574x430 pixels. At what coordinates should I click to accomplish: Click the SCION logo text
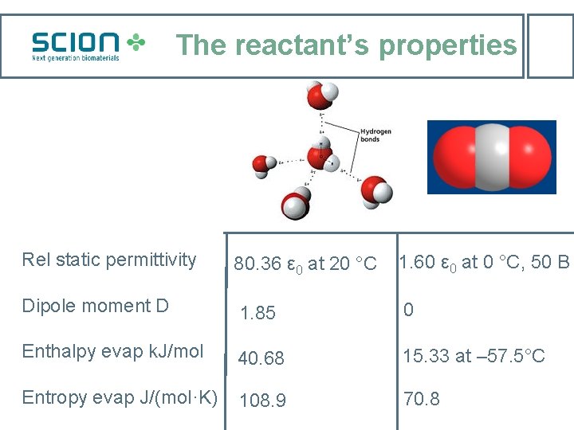pyautogui.click(x=75, y=42)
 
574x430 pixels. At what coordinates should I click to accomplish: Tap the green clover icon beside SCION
pyautogui.click(x=137, y=43)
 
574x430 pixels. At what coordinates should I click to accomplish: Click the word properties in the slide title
pyautogui.click(x=447, y=45)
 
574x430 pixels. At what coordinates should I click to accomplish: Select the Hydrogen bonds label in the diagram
pyautogui.click(x=375, y=135)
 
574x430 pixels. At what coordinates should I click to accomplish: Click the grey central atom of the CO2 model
pyautogui.click(x=491, y=157)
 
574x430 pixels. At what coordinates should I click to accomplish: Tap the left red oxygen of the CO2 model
pyautogui.click(x=452, y=157)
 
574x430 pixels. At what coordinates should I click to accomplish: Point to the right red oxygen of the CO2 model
pyautogui.click(x=530, y=157)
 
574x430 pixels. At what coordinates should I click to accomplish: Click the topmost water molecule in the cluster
pyautogui.click(x=321, y=96)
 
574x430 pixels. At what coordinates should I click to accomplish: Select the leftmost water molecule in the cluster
pyautogui.click(x=264, y=164)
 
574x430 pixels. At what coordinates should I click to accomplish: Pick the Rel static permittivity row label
pyautogui.click(x=109, y=260)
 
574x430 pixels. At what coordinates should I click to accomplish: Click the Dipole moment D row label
pyautogui.click(x=96, y=306)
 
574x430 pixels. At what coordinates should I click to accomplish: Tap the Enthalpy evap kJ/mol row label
pyautogui.click(x=113, y=351)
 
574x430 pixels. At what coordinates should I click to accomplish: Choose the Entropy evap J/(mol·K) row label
pyautogui.click(x=120, y=397)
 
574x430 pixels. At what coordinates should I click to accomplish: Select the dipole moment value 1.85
pyautogui.click(x=258, y=313)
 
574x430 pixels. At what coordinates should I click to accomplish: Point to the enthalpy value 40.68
pyautogui.click(x=261, y=359)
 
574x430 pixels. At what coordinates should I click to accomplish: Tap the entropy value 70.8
pyautogui.click(x=421, y=399)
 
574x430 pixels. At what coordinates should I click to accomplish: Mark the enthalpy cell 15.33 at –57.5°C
pyautogui.click(x=474, y=356)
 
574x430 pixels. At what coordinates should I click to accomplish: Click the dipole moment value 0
pyautogui.click(x=408, y=310)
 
